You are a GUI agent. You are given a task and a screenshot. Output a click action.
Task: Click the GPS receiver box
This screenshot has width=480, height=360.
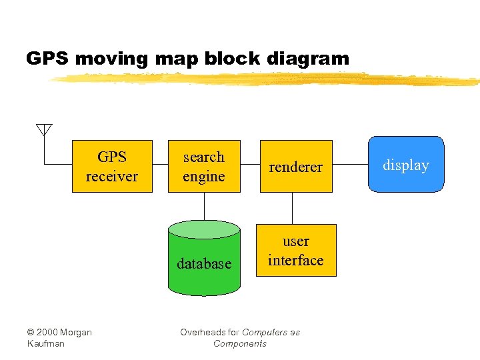tap(112, 167)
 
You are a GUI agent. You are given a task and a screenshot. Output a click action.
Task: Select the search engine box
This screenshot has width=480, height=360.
tap(204, 167)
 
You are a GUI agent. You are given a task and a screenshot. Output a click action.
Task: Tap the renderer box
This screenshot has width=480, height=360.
tap(295, 167)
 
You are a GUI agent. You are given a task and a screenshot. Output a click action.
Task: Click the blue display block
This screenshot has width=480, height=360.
tap(405, 165)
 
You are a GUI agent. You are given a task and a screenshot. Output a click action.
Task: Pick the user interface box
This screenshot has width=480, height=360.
tap(295, 251)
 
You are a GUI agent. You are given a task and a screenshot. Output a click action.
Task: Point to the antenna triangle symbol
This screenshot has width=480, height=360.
tap(44, 129)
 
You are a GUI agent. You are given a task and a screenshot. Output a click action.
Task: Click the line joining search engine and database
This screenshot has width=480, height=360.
tap(204, 206)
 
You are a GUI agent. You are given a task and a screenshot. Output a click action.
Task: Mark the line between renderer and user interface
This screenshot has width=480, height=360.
tap(291, 208)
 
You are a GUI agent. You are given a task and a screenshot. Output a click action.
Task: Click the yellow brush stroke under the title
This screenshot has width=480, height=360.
tap(267, 79)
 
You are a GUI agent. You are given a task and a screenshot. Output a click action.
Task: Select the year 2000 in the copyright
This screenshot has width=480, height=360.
tap(49, 332)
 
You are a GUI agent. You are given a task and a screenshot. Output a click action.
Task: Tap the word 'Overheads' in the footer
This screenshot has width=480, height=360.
tap(201, 332)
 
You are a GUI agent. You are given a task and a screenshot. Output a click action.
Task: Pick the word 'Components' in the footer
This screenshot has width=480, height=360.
tap(239, 343)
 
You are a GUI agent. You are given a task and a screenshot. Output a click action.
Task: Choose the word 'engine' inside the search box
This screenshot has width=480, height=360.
tap(204, 177)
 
